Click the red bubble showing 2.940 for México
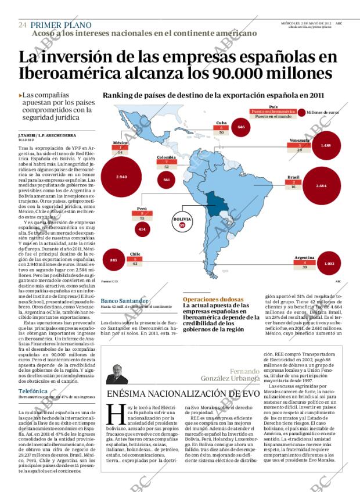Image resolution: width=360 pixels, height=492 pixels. click(x=122, y=176)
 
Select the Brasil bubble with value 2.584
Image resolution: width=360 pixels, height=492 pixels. click(x=321, y=185)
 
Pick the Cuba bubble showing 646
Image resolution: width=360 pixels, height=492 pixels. click(x=241, y=126)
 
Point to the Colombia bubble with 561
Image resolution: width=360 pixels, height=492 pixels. click(x=167, y=179)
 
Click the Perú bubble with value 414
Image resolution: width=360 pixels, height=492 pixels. click(x=141, y=229)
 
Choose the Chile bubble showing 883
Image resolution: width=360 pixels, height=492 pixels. click(x=114, y=260)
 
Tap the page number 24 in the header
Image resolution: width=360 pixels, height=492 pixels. click(x=22, y=25)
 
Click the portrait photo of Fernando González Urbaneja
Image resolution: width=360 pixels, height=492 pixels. click(x=117, y=373)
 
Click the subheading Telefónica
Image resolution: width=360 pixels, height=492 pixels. click(x=33, y=392)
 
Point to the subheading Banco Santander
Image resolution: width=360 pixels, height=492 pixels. click(x=124, y=301)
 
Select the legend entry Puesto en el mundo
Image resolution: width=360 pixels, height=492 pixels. click(x=272, y=116)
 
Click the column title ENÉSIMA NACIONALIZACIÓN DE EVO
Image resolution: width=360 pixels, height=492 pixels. click(x=181, y=394)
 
